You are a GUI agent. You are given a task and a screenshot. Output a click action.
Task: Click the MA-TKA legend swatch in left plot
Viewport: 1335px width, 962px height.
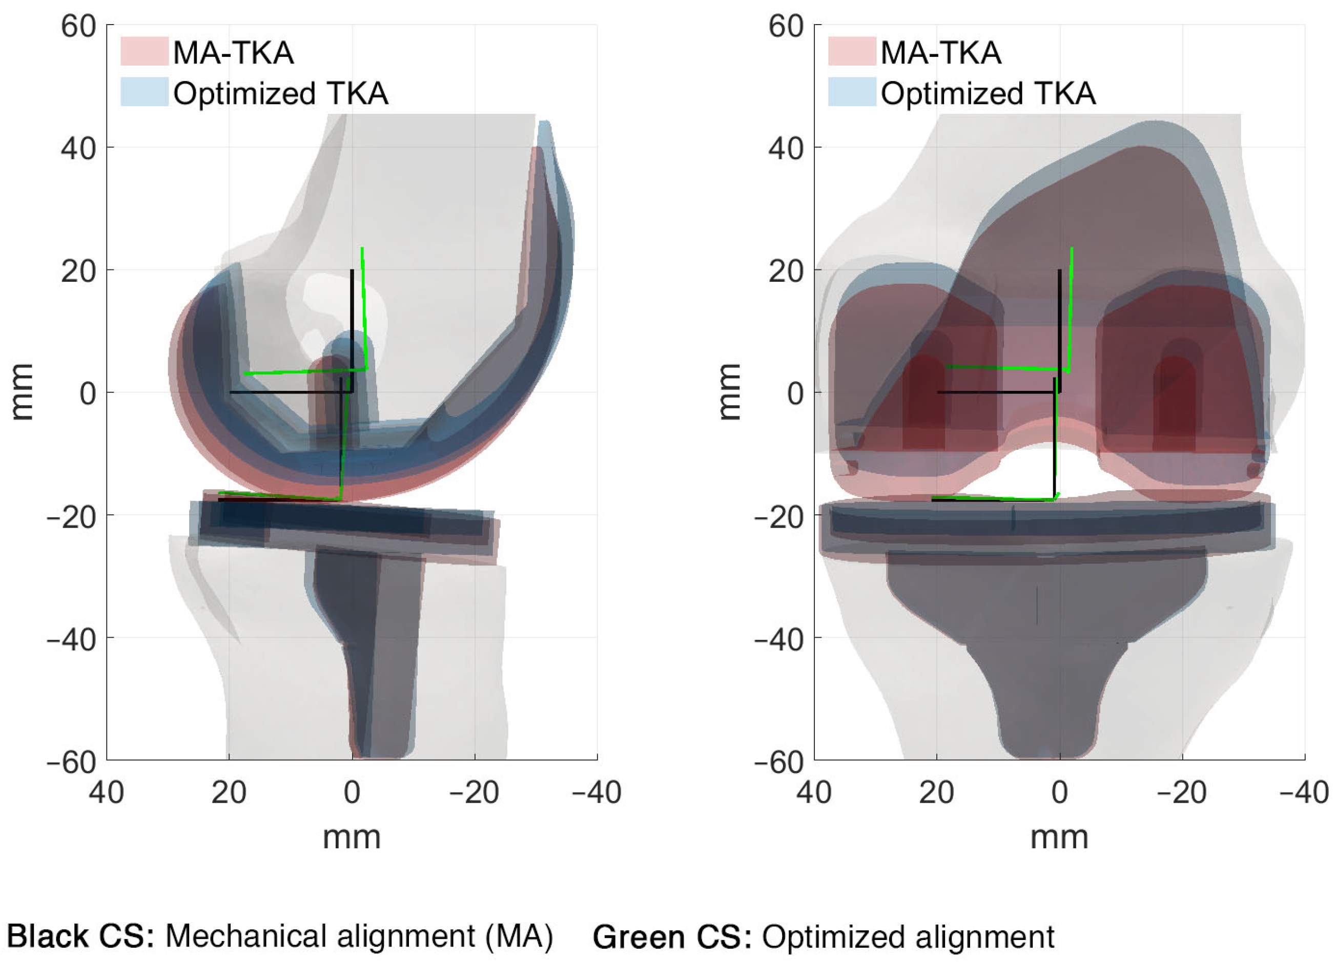click(x=144, y=51)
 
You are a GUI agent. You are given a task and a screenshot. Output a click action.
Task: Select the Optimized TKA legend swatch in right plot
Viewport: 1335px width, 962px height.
click(x=852, y=92)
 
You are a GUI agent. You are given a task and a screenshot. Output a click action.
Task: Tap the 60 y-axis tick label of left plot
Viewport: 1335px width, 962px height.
click(x=79, y=27)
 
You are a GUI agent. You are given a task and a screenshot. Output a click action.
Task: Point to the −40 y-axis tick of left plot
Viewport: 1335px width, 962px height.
click(x=72, y=638)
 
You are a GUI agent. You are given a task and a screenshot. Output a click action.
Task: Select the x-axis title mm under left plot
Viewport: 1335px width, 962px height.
click(x=352, y=837)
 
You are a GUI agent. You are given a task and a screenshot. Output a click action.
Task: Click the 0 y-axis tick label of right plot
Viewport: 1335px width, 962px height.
click(x=795, y=393)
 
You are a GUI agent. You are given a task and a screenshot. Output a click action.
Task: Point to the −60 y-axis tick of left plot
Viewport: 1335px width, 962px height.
click(x=72, y=762)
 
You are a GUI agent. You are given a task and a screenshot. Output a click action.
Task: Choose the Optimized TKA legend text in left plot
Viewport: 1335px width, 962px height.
click(x=281, y=93)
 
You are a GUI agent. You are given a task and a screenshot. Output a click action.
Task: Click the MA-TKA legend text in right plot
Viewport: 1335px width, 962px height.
click(x=940, y=53)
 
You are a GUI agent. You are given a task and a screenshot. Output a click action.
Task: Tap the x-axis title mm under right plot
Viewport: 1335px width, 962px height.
click(x=1059, y=837)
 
